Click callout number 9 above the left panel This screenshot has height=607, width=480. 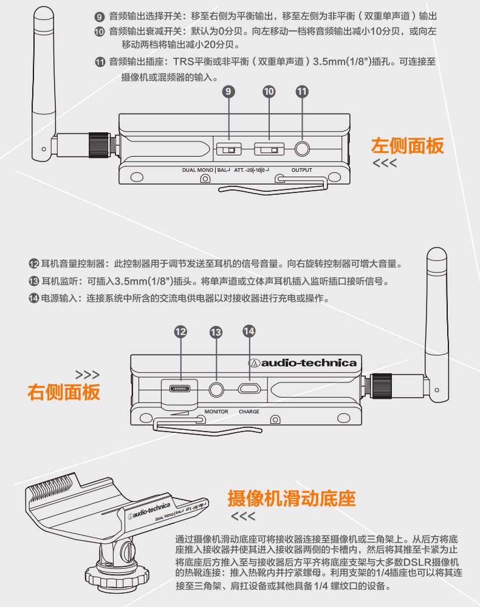click(x=228, y=92)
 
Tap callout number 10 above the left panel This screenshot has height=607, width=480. click(x=269, y=92)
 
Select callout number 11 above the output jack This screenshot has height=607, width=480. click(x=302, y=92)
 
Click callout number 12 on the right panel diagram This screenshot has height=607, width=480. click(x=180, y=331)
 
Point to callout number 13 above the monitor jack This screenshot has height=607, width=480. click(x=216, y=331)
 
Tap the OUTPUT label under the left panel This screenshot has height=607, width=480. click(x=301, y=171)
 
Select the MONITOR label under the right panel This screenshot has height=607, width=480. click(x=216, y=412)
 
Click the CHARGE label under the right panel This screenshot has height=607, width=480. click(x=249, y=412)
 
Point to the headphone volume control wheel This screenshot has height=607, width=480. click(x=180, y=388)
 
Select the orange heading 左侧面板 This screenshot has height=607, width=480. click(x=407, y=146)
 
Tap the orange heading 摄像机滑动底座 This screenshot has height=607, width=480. click(x=291, y=499)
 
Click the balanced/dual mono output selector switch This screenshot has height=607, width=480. click(x=228, y=149)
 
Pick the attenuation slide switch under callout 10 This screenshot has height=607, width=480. click(x=269, y=149)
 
